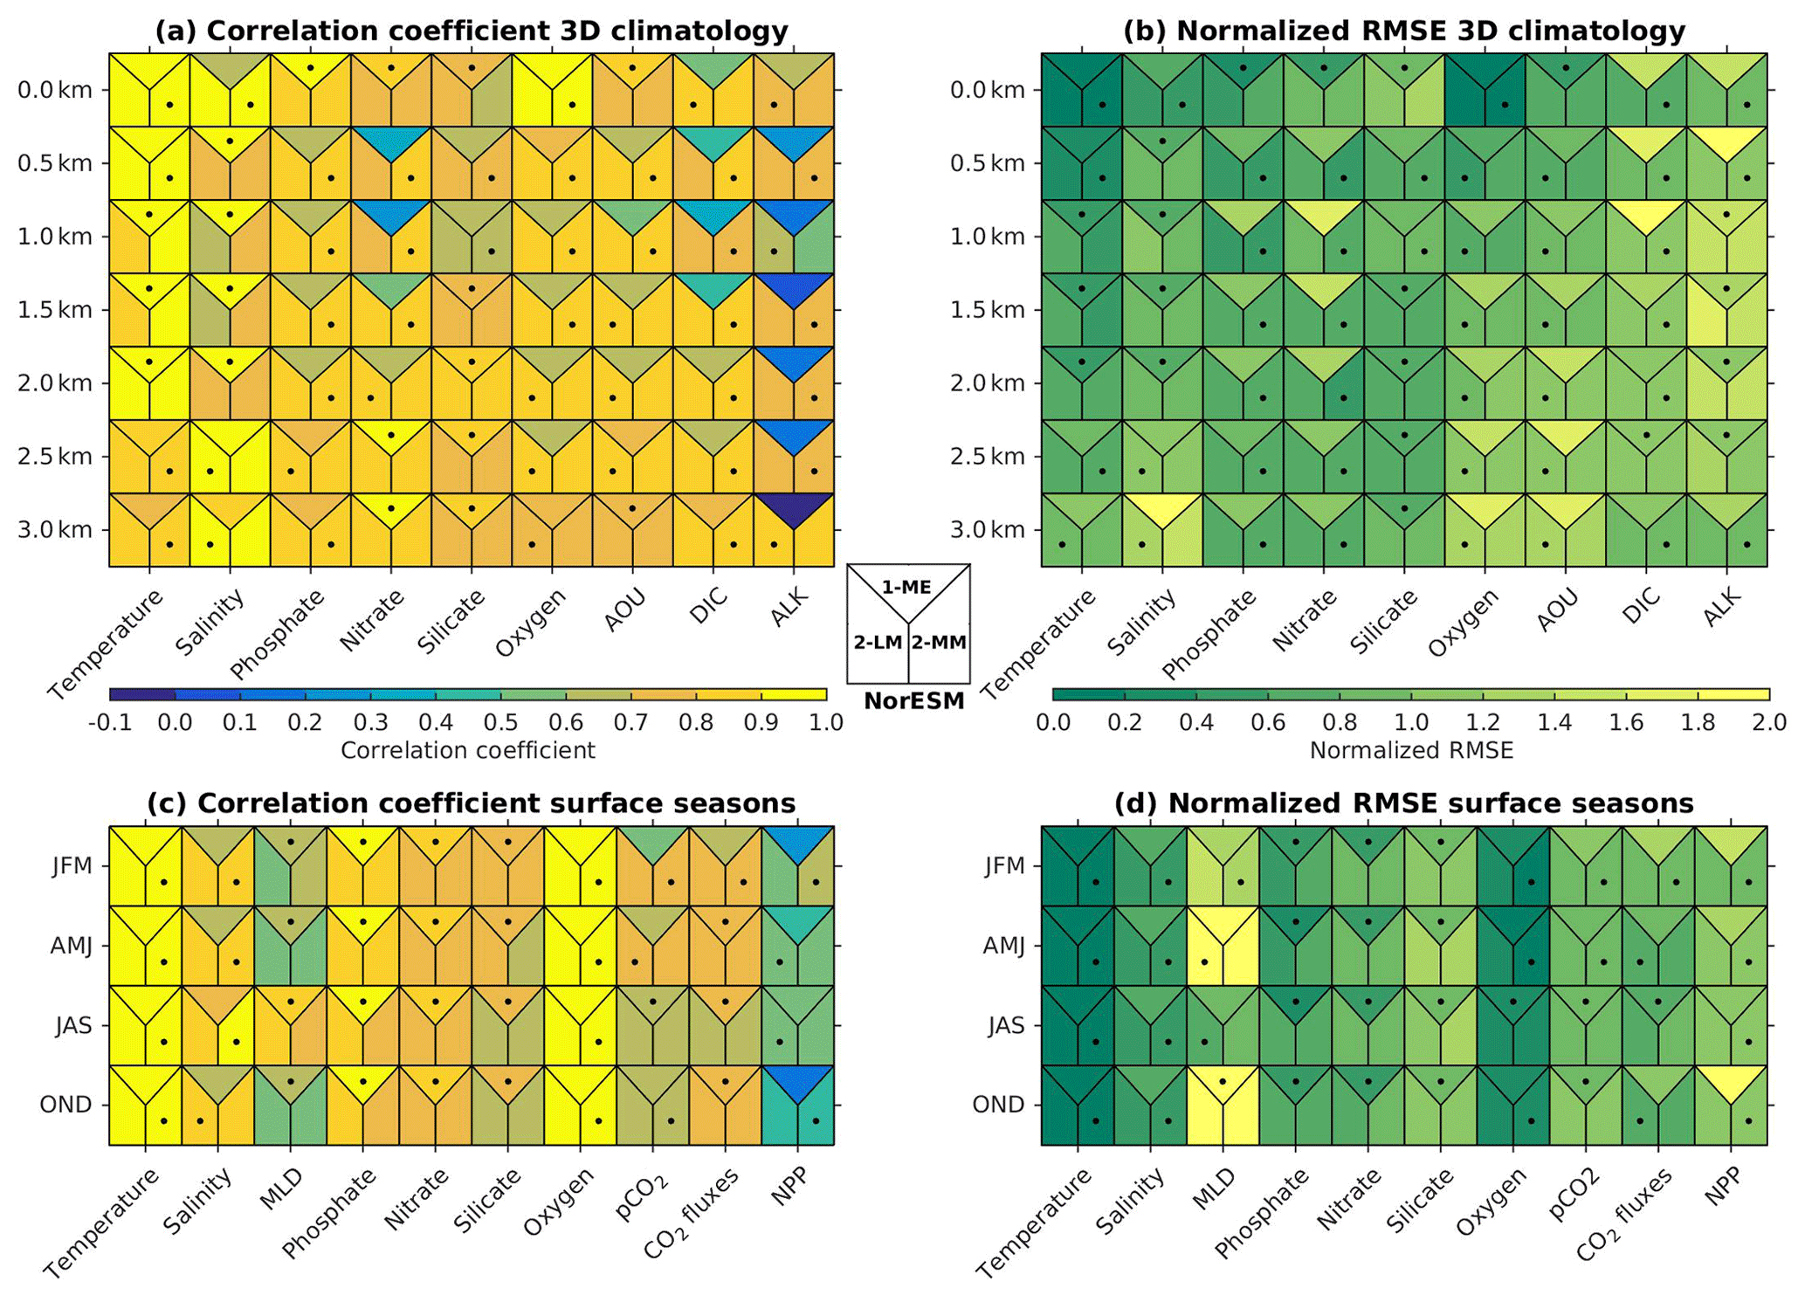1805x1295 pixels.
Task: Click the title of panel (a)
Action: [x=472, y=31]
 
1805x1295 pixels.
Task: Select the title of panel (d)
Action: [x=1404, y=802]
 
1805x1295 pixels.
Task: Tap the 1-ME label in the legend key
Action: [x=906, y=588]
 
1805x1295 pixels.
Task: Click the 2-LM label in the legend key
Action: [x=878, y=643]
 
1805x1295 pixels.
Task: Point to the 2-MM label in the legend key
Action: [x=939, y=643]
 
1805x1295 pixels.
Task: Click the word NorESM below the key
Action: [x=913, y=700]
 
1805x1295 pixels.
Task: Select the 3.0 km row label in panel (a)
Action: [x=55, y=530]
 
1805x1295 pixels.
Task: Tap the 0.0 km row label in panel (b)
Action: [x=988, y=90]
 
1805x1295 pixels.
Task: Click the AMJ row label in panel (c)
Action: [x=71, y=946]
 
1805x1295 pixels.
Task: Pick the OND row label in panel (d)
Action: [x=998, y=1105]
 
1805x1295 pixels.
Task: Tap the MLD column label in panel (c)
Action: [x=281, y=1189]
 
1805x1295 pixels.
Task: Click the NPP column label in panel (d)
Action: [x=1723, y=1189]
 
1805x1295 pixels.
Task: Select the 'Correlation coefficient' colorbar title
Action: [x=468, y=751]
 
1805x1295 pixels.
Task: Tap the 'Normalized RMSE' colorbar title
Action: [x=1411, y=751]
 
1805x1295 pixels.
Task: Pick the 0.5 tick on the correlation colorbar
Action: [x=500, y=723]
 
